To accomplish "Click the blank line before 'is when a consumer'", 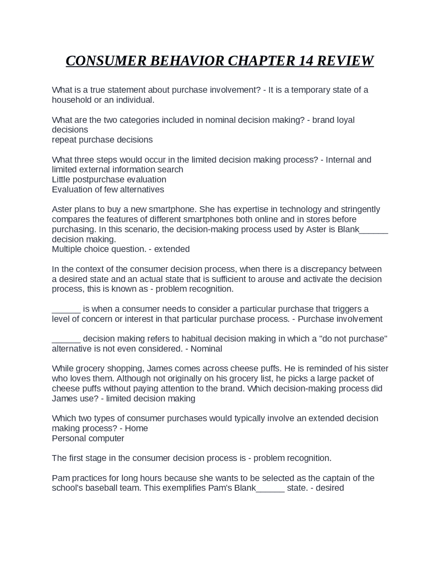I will (x=66, y=309).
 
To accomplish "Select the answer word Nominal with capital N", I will (x=206, y=349).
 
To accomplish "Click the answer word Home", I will (x=136, y=429).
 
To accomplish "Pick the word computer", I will (x=107, y=439).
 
